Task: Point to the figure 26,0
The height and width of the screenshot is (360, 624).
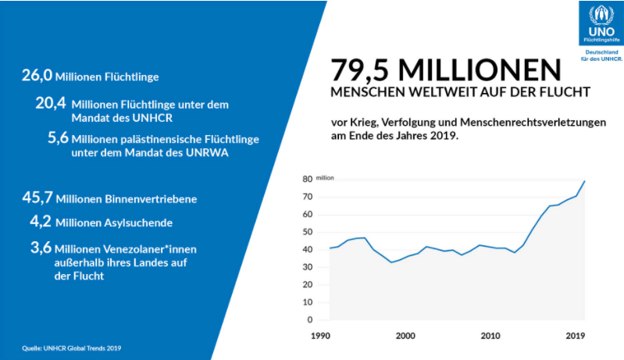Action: pyautogui.click(x=37, y=76)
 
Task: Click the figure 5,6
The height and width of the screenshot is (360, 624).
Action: pyautogui.click(x=58, y=137)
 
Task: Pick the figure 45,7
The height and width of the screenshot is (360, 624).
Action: pyautogui.click(x=37, y=198)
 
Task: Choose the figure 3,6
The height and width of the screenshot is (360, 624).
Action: pyautogui.click(x=45, y=248)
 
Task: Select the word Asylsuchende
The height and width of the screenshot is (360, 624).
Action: pyautogui.click(x=137, y=223)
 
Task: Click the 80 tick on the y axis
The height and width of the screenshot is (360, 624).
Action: pyautogui.click(x=308, y=180)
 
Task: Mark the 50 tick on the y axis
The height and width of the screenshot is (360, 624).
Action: pyautogui.click(x=308, y=232)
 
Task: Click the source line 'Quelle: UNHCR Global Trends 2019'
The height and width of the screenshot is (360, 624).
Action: pyautogui.click(x=71, y=348)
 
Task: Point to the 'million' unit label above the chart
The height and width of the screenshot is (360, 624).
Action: pyautogui.click(x=325, y=179)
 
